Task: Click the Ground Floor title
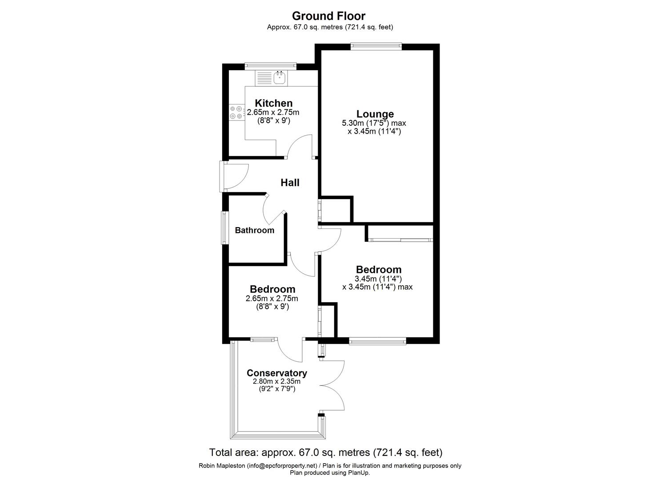pos(328,16)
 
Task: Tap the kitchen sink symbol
pos(280,78)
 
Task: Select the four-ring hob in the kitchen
pos(236,112)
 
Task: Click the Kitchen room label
pos(273,103)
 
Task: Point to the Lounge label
pos(375,114)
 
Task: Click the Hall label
pos(290,183)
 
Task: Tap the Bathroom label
pos(254,230)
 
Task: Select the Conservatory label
pos(276,373)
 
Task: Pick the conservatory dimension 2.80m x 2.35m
pos(276,381)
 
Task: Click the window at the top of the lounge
pos(376,44)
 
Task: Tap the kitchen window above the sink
pos(270,65)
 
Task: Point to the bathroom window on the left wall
pos(224,228)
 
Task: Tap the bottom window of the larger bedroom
pos(377,341)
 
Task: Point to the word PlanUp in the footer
pos(358,472)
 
